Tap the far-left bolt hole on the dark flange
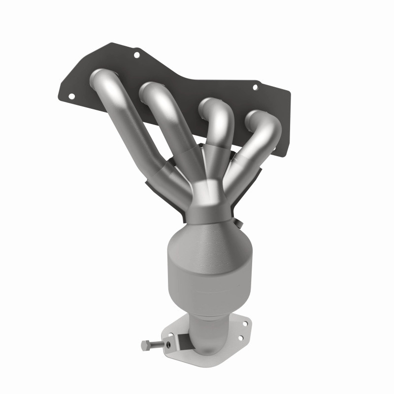tap(71, 97)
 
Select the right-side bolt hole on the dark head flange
tap(255, 88)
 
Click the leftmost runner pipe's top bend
tap(101, 78)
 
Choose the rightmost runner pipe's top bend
tap(261, 120)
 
